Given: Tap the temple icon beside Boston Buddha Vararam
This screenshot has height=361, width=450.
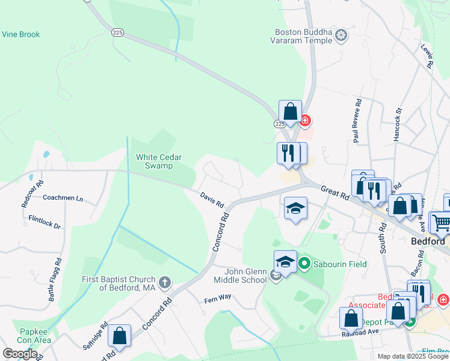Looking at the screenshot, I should (341, 36).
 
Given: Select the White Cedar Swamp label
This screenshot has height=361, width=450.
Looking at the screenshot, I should (154, 161).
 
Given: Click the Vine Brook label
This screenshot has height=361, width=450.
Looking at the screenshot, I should (20, 34).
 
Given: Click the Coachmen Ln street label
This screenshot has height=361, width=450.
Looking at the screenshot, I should (63, 197).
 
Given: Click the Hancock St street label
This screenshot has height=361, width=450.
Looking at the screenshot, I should (397, 125).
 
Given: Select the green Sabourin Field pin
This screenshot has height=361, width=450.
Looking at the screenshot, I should (304, 264).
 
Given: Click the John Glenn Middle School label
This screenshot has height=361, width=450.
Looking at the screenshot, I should (238, 276).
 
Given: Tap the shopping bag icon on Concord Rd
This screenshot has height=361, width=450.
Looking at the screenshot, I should (120, 338).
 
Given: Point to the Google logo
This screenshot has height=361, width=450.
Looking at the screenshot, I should (20, 354).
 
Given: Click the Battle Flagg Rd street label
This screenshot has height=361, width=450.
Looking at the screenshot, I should (58, 271).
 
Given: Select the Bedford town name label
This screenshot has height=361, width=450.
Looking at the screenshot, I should (428, 241).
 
